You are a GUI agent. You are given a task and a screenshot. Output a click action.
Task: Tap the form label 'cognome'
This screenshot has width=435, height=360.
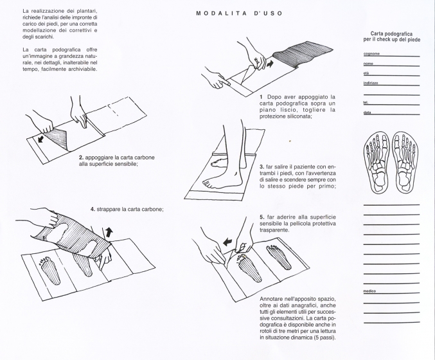point(370,55)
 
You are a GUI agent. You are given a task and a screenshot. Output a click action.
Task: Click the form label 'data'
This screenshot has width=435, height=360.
point(367,113)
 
